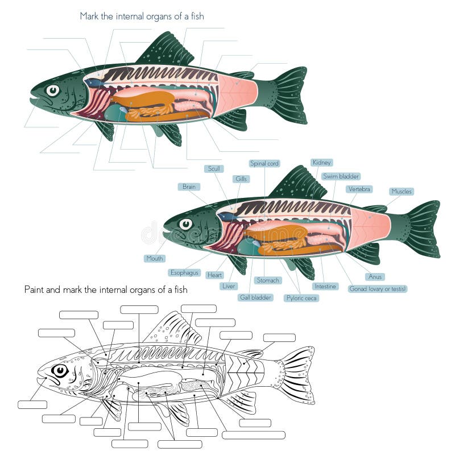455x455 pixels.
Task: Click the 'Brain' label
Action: [x=188, y=187]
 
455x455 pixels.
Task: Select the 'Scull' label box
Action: [x=214, y=169]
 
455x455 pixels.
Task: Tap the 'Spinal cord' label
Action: [x=264, y=163]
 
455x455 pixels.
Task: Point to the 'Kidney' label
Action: [x=322, y=163]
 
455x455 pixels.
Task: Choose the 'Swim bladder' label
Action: [x=341, y=176]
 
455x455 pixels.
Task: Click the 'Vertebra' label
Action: [x=359, y=189]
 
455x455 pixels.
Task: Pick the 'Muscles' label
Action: [x=402, y=192]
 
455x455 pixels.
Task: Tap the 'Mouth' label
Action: [x=155, y=258]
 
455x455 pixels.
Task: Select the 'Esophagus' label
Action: [x=185, y=273]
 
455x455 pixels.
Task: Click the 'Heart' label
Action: [x=215, y=275]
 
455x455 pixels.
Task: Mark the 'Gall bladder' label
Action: [x=256, y=297]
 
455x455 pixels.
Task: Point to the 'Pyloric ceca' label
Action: [x=302, y=297]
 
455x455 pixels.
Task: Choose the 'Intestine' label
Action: [x=325, y=286]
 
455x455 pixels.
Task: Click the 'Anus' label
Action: [x=375, y=277]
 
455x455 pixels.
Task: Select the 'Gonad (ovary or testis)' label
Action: [x=378, y=289]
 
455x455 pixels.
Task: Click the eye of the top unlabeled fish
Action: [x=53, y=90]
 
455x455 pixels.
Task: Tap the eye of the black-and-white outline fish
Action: [x=59, y=371]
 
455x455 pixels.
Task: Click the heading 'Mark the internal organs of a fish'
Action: [x=142, y=16]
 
